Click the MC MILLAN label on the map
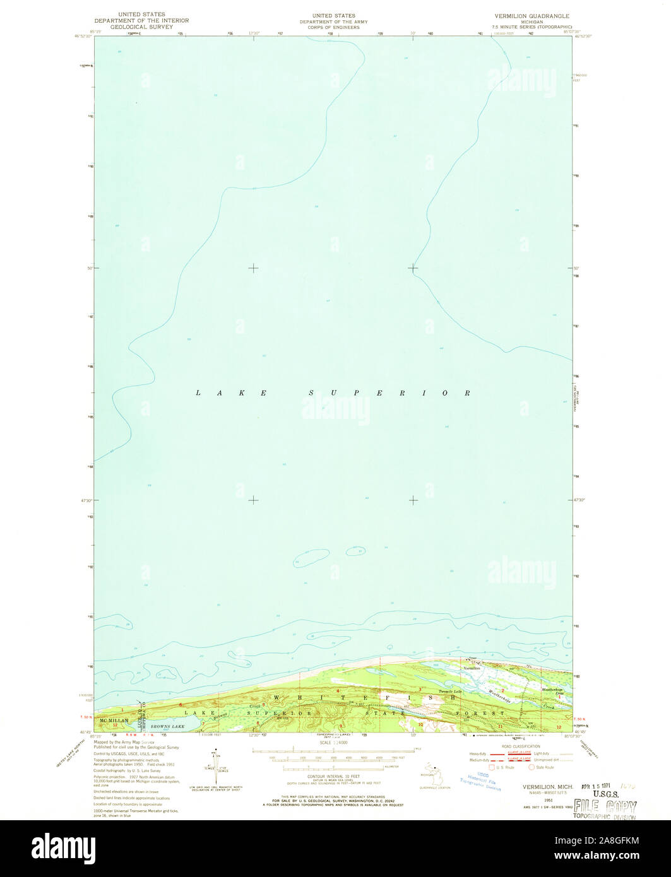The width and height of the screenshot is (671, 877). click(x=114, y=720)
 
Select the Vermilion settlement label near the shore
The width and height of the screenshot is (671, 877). click(x=472, y=668)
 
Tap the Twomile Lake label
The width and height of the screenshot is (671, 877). click(x=451, y=692)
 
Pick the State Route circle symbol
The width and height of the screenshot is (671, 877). click(x=531, y=767)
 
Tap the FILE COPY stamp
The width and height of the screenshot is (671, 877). click(x=605, y=806)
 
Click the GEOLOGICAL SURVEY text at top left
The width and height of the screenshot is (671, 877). click(x=141, y=28)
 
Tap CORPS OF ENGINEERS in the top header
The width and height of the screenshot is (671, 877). click(x=333, y=28)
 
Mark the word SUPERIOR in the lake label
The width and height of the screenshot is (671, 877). click(x=388, y=393)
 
